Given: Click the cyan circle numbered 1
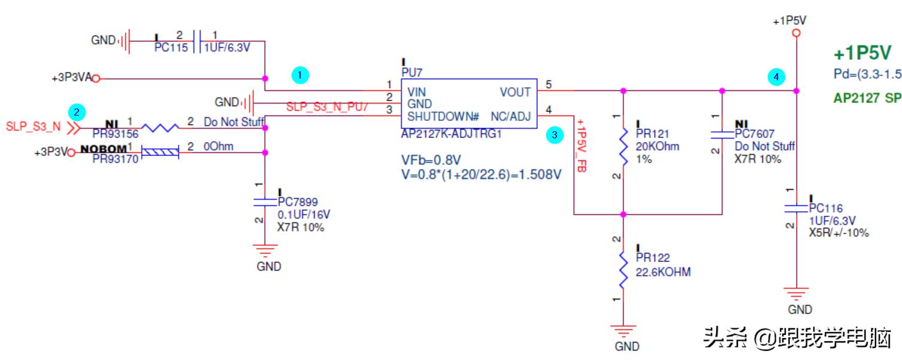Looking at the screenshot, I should (300, 75).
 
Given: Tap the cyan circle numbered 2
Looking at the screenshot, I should (76, 111).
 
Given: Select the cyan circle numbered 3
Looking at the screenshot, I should (555, 135).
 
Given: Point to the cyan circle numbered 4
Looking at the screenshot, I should (776, 77).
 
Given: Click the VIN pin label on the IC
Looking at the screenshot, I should (417, 92).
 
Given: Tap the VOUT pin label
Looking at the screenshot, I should (515, 92).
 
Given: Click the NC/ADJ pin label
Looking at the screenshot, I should (510, 116).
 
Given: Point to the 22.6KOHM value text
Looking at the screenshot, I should (664, 272).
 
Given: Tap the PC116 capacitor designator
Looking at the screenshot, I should (825, 208).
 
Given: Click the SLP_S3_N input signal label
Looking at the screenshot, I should (33, 126).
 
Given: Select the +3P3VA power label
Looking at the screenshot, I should (71, 78).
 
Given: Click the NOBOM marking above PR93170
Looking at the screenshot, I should (104, 148).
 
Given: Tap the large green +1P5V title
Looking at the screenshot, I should (862, 53).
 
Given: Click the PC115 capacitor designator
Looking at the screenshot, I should (171, 48).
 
